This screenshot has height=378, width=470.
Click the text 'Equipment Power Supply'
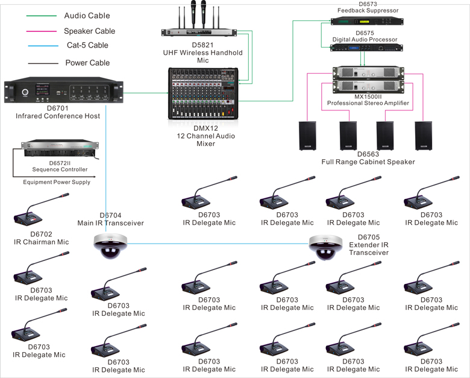click(57, 182)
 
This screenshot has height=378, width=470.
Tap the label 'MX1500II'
click(368, 96)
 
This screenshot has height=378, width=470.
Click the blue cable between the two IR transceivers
click(217, 244)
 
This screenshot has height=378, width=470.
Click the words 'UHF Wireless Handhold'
click(202, 52)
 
